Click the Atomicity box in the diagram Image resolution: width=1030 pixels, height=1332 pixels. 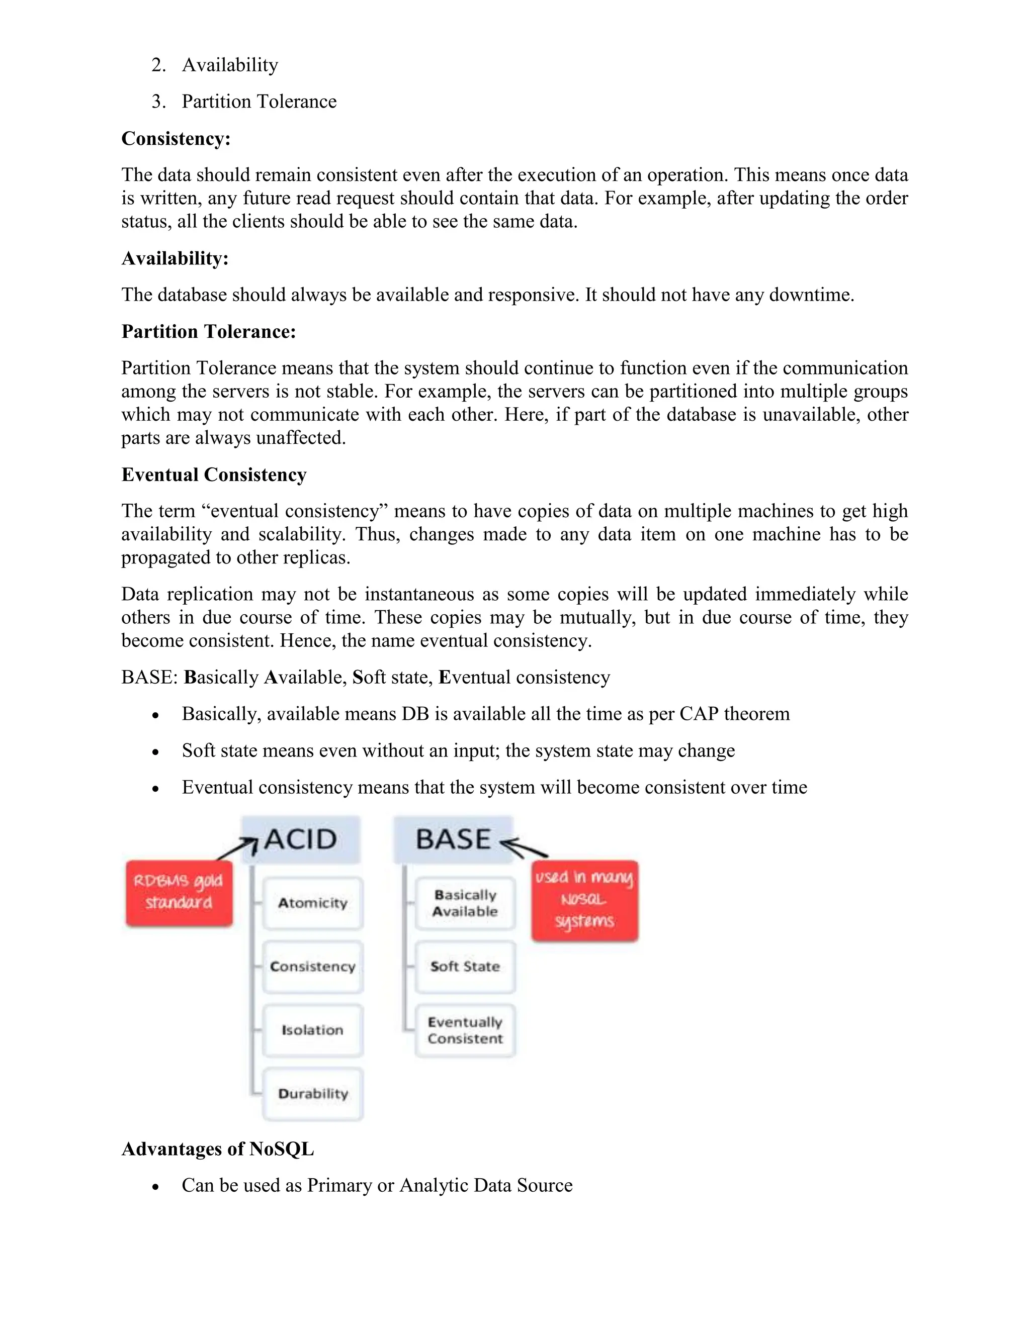point(312,903)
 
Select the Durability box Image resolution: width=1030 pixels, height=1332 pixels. point(312,1094)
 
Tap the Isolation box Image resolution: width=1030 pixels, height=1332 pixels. point(312,1030)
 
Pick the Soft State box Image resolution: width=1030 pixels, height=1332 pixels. point(465,967)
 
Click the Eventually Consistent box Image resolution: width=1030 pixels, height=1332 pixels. point(465,1030)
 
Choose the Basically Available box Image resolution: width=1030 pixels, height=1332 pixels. point(465,903)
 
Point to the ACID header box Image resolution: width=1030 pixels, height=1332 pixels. point(301,839)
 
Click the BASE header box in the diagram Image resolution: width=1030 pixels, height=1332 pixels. point(453,839)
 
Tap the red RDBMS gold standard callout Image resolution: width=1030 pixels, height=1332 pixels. point(179,893)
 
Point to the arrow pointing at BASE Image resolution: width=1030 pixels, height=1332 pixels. point(524,848)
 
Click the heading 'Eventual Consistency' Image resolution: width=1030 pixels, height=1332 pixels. point(214,474)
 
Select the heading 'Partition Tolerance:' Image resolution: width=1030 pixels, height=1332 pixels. point(209,331)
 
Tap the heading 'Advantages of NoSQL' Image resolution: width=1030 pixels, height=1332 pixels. point(218,1149)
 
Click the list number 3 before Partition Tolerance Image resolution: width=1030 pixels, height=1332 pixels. point(158,101)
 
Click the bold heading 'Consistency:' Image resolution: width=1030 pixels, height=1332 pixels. point(176,138)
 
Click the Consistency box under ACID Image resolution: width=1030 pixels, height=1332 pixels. point(312,967)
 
